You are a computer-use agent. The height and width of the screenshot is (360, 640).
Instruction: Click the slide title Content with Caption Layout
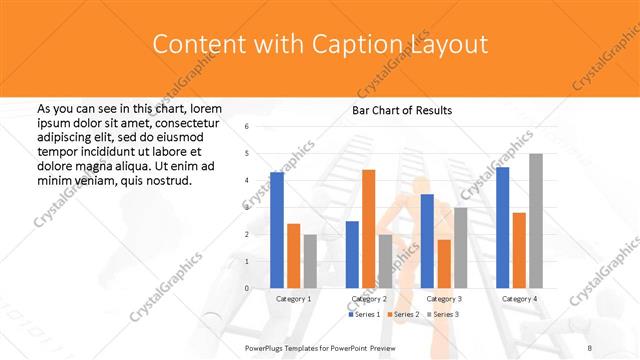click(x=320, y=45)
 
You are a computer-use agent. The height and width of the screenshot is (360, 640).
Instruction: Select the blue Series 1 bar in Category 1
click(x=277, y=230)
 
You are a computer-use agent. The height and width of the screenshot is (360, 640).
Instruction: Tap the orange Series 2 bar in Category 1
click(x=293, y=256)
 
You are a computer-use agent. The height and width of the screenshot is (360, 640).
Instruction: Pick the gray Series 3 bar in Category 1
click(x=310, y=261)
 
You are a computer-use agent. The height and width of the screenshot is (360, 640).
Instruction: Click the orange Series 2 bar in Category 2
click(x=369, y=229)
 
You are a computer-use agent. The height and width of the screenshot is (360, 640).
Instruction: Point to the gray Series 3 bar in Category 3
click(x=461, y=247)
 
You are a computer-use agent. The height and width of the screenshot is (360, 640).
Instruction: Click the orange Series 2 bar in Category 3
click(x=444, y=264)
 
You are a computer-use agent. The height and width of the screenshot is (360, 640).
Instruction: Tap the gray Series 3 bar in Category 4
click(x=536, y=221)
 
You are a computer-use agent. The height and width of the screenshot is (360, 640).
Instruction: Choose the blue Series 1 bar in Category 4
click(x=503, y=227)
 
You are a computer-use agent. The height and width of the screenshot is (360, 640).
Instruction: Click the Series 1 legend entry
click(x=364, y=315)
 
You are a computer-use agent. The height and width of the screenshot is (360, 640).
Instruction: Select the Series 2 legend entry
click(x=403, y=315)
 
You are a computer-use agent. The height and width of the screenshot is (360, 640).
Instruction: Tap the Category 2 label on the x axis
click(x=369, y=299)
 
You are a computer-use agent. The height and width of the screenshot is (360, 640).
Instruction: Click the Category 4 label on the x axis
click(x=519, y=299)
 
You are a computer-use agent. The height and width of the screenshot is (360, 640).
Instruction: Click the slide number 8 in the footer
click(x=590, y=348)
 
